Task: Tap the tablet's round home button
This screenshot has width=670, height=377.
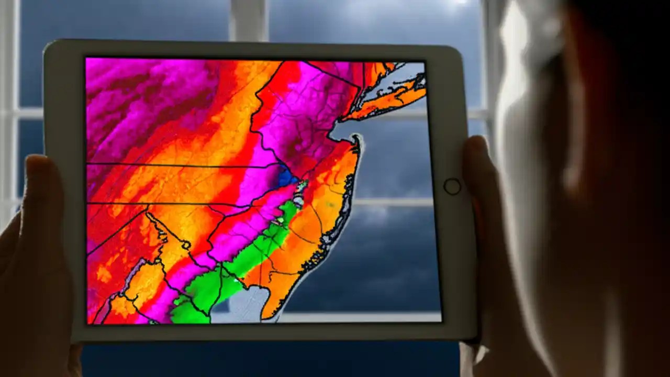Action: [x=452, y=186]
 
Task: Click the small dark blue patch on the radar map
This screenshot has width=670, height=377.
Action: [x=286, y=178]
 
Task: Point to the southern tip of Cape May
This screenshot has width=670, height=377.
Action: [x=264, y=317]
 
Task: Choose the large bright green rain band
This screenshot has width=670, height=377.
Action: [x=236, y=267]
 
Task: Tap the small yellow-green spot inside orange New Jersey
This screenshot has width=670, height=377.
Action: [x=330, y=204]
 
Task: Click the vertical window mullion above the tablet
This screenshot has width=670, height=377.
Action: [x=249, y=21]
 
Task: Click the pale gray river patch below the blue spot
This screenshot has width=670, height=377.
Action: [x=298, y=199]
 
